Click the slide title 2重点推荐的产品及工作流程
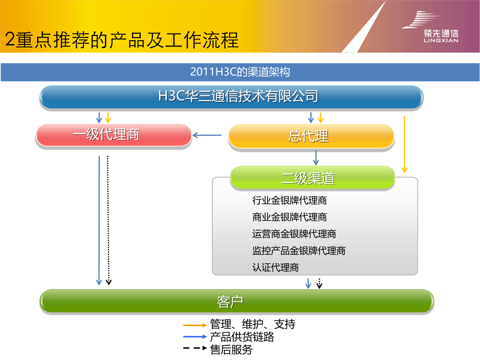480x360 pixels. pyautogui.click(x=122, y=40)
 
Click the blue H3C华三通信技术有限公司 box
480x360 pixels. pyautogui.click(x=232, y=97)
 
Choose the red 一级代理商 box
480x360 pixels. pyautogui.click(x=113, y=135)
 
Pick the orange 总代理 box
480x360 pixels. pyautogui.click(x=311, y=136)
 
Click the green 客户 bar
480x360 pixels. pyautogui.click(x=237, y=301)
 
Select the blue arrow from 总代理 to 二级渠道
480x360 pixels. pyautogui.click(x=316, y=158)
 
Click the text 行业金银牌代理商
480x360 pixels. pyautogui.click(x=290, y=200)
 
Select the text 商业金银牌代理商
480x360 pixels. pyautogui.click(x=290, y=217)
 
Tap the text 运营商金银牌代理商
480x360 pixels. pyautogui.click(x=294, y=234)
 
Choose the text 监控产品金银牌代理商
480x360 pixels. pyautogui.click(x=298, y=251)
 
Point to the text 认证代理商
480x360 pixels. pyautogui.click(x=275, y=268)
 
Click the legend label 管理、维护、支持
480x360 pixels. pyautogui.click(x=253, y=325)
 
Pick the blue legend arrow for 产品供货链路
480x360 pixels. pyautogui.click(x=195, y=337)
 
